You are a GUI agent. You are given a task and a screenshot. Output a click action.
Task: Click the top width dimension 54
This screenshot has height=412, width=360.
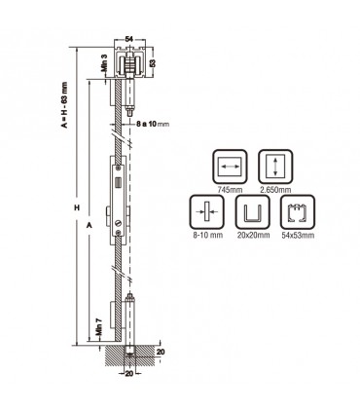[129, 38]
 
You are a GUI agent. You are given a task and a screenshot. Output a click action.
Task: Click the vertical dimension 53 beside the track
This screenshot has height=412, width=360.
[152, 64]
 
